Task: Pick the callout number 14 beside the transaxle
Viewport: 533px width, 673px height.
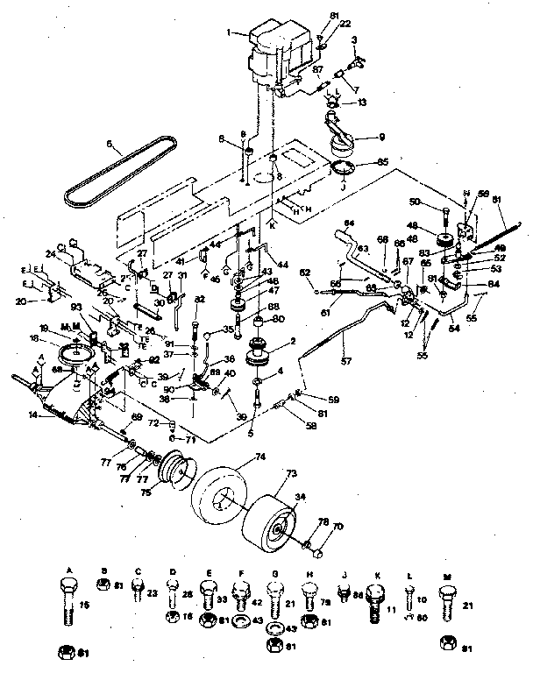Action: click(x=33, y=415)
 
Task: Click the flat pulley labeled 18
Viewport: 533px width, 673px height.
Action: click(x=74, y=357)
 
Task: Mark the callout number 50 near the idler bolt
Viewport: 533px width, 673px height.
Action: click(x=439, y=202)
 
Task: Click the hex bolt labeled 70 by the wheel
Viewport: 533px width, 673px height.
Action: click(x=316, y=552)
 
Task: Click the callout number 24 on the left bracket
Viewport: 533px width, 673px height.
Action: click(x=50, y=255)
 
